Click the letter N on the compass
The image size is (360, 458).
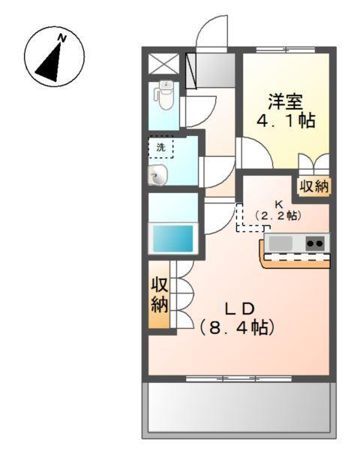(x=64, y=38)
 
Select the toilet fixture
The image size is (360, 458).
(x=163, y=94)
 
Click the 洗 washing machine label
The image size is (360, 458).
(x=160, y=147)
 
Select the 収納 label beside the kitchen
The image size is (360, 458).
(x=314, y=187)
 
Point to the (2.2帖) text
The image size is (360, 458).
(x=277, y=215)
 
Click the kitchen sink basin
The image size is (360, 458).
(x=281, y=243)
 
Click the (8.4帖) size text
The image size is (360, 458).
(x=237, y=327)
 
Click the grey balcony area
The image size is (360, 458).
(x=237, y=408)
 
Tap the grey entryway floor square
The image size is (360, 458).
(x=213, y=69)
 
